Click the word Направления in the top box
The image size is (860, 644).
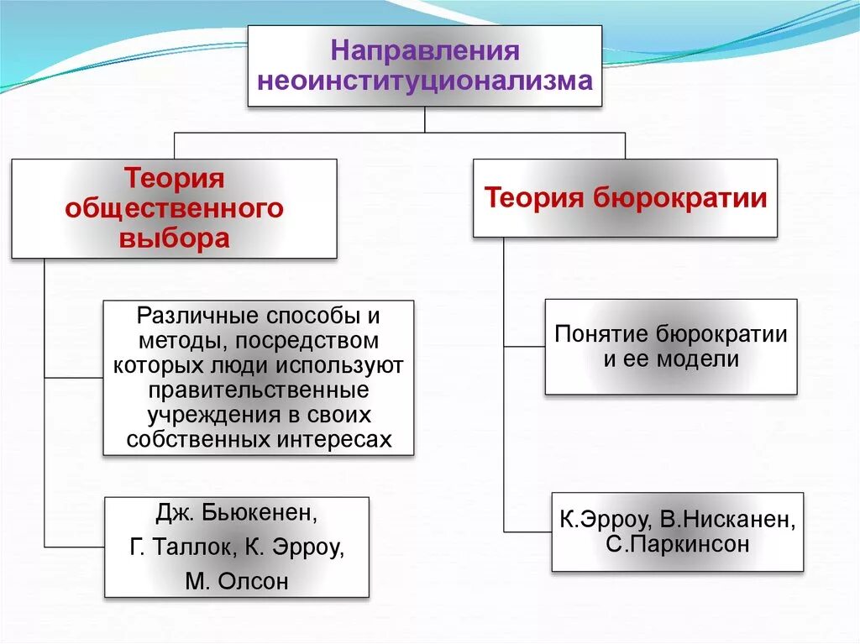pyautogui.click(x=425, y=50)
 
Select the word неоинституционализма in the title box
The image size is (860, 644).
pyautogui.click(x=425, y=81)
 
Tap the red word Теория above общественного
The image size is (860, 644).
pyautogui.click(x=175, y=178)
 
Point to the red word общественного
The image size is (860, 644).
pyautogui.click(x=175, y=207)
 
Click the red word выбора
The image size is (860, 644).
pyautogui.click(x=175, y=238)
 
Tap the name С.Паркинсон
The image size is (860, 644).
pyautogui.click(x=677, y=543)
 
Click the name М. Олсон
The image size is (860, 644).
pyautogui.click(x=236, y=581)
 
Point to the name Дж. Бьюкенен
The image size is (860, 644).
pyautogui.click(x=237, y=513)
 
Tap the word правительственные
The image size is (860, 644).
pyautogui.click(x=258, y=391)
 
